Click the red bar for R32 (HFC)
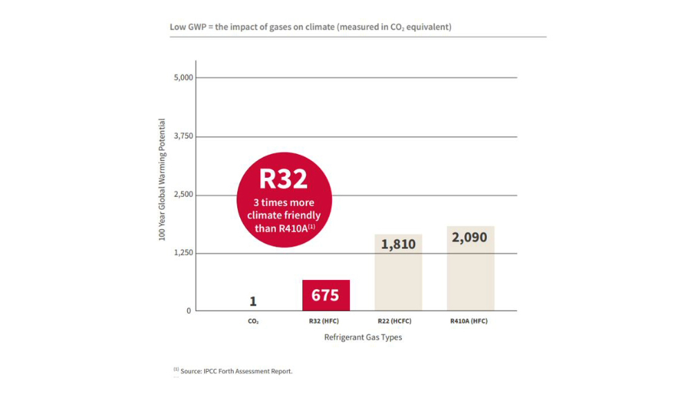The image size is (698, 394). [326, 296]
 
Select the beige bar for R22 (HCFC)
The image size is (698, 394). [398, 273]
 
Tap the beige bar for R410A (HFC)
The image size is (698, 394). [470, 270]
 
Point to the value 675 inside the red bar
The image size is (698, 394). [325, 295]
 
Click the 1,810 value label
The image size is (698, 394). [398, 244]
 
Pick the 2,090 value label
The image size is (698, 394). [470, 237]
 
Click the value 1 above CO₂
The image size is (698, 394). [253, 301]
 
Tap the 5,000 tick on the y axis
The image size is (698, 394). [183, 77]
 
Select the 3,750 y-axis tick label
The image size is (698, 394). [183, 136]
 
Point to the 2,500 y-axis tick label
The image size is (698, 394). [183, 194]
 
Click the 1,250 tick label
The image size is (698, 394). [183, 253]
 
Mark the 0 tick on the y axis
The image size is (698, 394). [189, 311]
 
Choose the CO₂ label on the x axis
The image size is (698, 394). [253, 321]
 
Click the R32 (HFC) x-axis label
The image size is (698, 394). [326, 321]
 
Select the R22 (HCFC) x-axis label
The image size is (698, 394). [398, 321]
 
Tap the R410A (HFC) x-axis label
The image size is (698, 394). [470, 321]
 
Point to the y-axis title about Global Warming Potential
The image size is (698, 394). [162, 180]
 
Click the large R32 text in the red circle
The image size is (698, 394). [284, 179]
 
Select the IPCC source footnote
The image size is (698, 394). [233, 371]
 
